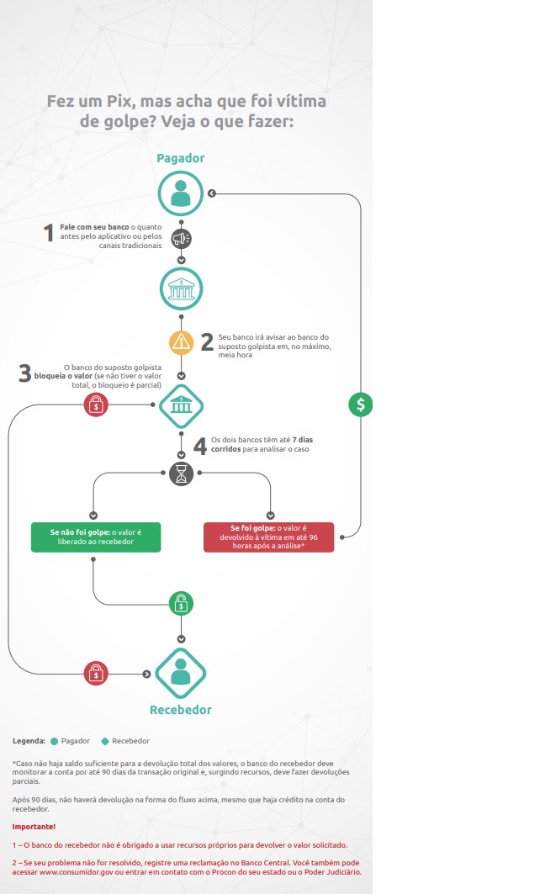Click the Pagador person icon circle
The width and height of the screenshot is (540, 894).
[x=181, y=193]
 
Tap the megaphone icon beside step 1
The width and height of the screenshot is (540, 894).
[x=182, y=238]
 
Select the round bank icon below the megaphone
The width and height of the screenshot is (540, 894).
[x=182, y=289]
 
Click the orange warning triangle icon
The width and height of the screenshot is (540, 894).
[x=182, y=342]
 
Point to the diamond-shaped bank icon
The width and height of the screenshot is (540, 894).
[x=182, y=405]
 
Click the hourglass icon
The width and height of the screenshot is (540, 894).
[x=182, y=473]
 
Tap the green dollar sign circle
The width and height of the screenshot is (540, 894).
[x=360, y=405]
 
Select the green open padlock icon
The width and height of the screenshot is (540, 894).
[x=182, y=603]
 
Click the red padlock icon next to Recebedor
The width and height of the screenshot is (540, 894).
[x=96, y=674]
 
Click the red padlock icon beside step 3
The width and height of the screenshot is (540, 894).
[x=96, y=405]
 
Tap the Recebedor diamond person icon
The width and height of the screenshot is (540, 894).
[x=181, y=674]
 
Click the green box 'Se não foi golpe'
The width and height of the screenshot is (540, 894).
[x=96, y=537]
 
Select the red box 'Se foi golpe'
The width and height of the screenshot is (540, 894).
[x=268, y=537]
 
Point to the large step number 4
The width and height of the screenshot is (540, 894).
[x=200, y=446]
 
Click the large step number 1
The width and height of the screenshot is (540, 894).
[x=49, y=233]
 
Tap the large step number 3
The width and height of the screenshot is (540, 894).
[x=24, y=373]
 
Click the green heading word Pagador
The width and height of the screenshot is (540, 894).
[x=181, y=158]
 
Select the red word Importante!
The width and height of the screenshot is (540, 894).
[x=34, y=827]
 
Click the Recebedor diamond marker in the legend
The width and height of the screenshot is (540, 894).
[x=104, y=741]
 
